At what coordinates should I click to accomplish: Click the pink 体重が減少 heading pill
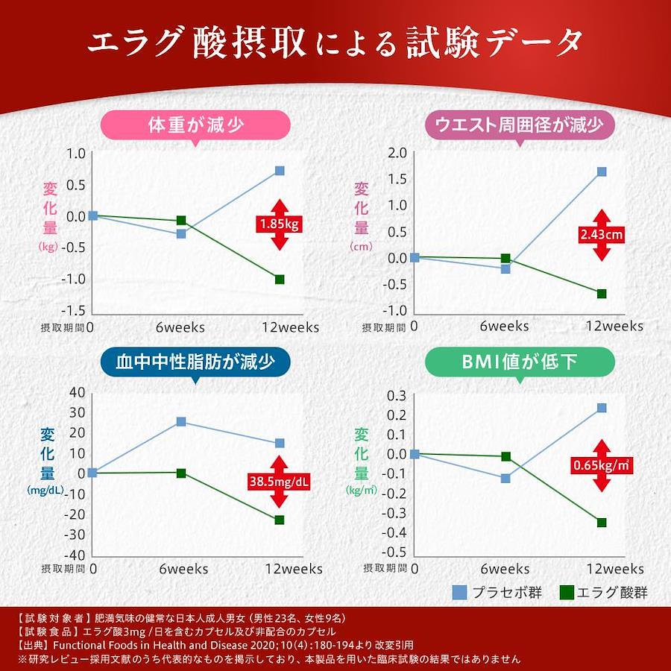pos(195,125)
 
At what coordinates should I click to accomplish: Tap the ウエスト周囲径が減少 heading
pos(519,125)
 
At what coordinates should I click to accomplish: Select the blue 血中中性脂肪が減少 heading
pos(195,362)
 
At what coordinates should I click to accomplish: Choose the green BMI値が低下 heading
pos(520,362)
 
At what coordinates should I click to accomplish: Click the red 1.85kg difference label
pos(279,224)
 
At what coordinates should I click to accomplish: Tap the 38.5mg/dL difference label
pos(279,482)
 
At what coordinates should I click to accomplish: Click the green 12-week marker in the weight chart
pos(280,279)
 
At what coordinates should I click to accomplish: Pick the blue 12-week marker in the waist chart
pos(602,171)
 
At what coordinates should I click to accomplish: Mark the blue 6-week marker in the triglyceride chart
pos(180,421)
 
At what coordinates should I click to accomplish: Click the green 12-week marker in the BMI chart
pos(602,522)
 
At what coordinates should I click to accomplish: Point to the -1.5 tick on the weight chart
pos(77,311)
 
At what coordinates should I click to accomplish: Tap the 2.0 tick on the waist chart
pos(397,154)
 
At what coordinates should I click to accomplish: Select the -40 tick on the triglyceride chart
pos(76,555)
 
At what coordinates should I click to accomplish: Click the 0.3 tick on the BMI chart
pos(397,395)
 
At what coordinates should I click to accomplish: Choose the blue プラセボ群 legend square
pos(460,593)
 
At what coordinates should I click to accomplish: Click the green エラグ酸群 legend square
pos(567,593)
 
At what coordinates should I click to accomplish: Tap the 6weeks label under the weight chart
pos(180,327)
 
